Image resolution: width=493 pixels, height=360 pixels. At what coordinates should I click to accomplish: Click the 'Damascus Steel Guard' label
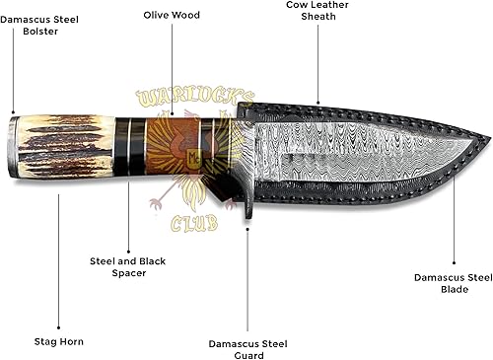pos(248,349)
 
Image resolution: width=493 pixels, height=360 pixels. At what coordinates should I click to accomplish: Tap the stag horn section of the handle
pos(64,148)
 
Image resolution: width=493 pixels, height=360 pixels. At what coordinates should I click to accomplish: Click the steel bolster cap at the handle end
pos(14,148)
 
